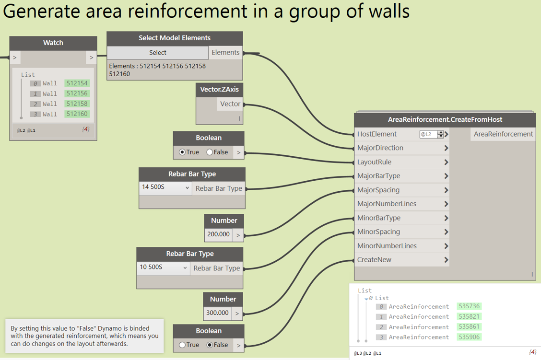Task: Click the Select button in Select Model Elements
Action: pyautogui.click(x=157, y=53)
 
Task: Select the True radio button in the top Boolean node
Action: pyautogui.click(x=182, y=152)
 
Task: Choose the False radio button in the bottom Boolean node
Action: pyautogui.click(x=210, y=345)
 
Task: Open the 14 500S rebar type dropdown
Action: pyautogui.click(x=165, y=188)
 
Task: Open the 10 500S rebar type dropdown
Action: pyautogui.click(x=164, y=267)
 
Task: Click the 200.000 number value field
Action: pyautogui.click(x=218, y=234)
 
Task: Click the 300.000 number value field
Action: pyautogui.click(x=217, y=313)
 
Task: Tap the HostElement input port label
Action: pyautogui.click(x=377, y=134)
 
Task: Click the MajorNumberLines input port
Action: pyautogui.click(x=387, y=204)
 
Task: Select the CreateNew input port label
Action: pyautogui.click(x=374, y=260)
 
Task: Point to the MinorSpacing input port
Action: pyautogui.click(x=378, y=232)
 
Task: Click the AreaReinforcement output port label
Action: pyautogui.click(x=503, y=134)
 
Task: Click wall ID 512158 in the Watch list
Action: pyautogui.click(x=77, y=104)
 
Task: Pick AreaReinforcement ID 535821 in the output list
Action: pyautogui.click(x=469, y=316)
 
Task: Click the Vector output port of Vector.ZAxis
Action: pyautogui.click(x=230, y=104)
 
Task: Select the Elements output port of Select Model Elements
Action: pyautogui.click(x=225, y=53)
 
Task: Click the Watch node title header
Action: pyautogui.click(x=53, y=43)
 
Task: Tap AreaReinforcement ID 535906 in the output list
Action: pyautogui.click(x=469, y=337)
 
